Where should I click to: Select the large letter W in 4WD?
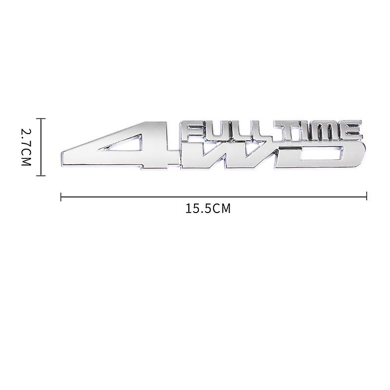pyautogui.click(x=232, y=155)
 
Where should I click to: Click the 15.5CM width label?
pyautogui.click(x=208, y=209)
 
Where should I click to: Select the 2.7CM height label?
pyautogui.click(x=25, y=146)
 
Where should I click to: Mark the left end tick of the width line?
pyautogui.click(x=60, y=196)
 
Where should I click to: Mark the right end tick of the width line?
pyautogui.click(x=366, y=196)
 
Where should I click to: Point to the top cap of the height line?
pyautogui.click(x=41, y=118)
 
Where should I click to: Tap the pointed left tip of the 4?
pyautogui.click(x=62, y=155)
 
